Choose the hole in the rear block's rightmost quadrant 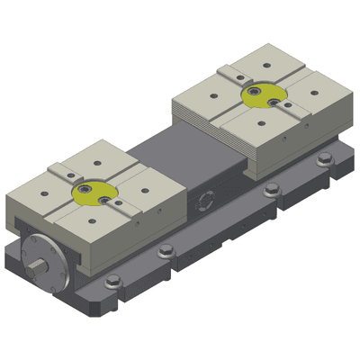click(x=306, y=89)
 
